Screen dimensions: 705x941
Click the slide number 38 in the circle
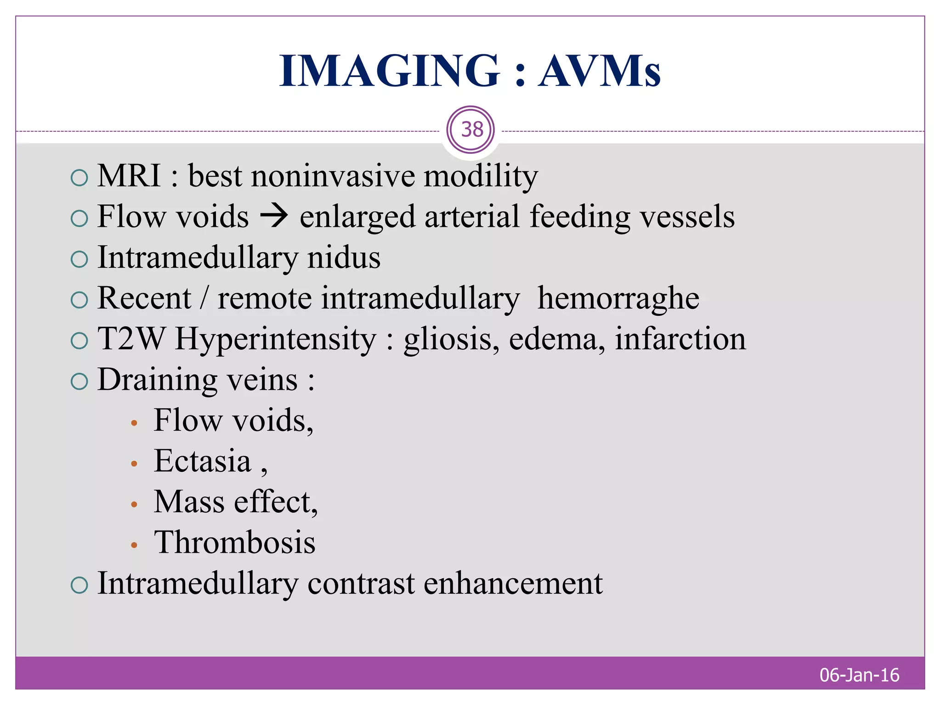coord(471,130)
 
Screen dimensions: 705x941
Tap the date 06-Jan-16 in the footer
coord(859,675)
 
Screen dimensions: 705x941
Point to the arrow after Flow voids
coord(274,216)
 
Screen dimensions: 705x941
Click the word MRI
coord(129,176)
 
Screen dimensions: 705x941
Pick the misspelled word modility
coord(480,177)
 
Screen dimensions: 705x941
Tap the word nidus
coord(344,257)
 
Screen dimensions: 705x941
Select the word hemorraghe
coord(618,299)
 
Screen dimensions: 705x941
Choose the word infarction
coord(680,339)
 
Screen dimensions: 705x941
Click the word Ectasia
coord(203,461)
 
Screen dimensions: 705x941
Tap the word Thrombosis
coord(235,543)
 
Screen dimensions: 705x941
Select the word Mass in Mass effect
coord(189,502)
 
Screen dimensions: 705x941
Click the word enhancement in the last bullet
coord(513,584)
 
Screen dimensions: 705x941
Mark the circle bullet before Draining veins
coord(79,381)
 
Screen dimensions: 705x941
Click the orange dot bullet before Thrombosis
coord(134,545)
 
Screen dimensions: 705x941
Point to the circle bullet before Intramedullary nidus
coord(79,259)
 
